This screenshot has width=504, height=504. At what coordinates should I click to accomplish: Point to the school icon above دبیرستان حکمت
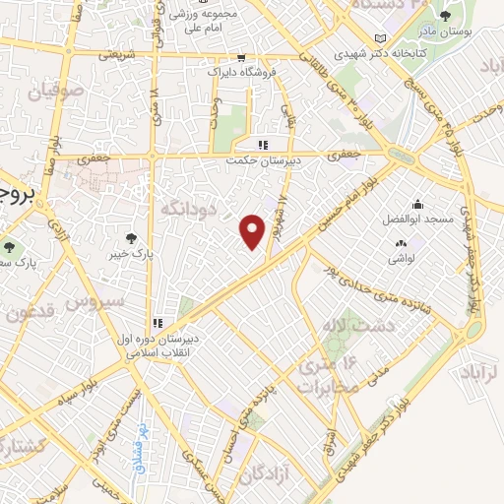point(263,143)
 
